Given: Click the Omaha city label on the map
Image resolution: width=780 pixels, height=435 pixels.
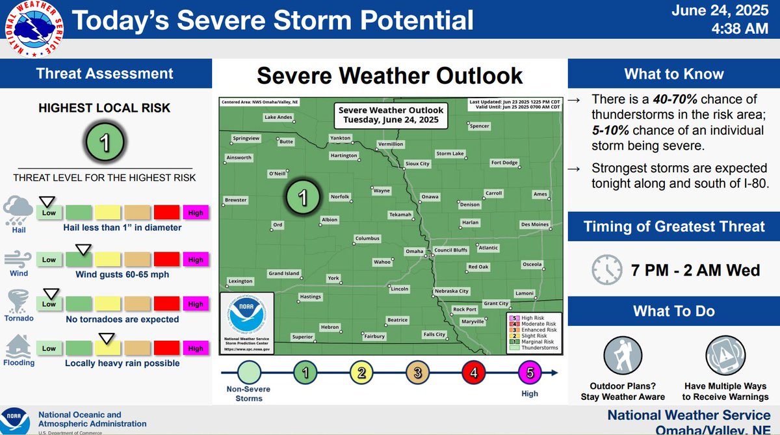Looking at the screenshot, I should pos(414,251).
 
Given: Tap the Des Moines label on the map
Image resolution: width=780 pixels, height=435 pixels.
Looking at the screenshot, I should pos(535,225).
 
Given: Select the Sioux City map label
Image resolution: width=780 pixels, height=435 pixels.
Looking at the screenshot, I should pos(417,164).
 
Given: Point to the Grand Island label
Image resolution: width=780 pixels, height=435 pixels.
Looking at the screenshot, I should pos(284,274).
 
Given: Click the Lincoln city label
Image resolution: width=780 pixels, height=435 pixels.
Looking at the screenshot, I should pos(399,288).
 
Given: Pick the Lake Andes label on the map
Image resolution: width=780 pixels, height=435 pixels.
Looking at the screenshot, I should pos(278,118).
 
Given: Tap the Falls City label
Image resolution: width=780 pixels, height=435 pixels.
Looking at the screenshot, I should pos(434,334).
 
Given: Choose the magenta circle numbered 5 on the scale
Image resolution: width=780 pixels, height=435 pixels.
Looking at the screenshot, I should pos(528,373).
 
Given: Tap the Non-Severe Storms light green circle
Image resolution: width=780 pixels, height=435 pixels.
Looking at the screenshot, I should pos(248,373).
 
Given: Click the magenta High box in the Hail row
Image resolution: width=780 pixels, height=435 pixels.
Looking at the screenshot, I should pos(196,213).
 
